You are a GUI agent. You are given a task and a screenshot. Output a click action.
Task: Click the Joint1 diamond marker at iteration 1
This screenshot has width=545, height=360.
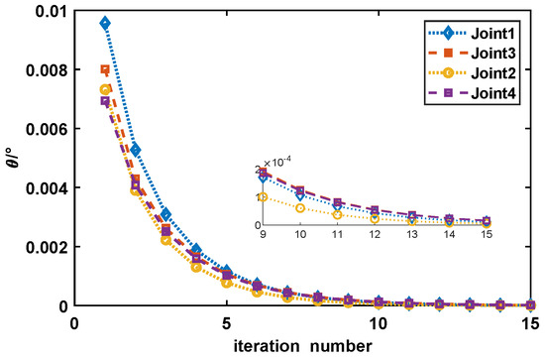pyautogui.click(x=105, y=23)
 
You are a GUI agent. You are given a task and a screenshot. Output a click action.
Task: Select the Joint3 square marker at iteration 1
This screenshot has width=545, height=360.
pyautogui.click(x=105, y=69)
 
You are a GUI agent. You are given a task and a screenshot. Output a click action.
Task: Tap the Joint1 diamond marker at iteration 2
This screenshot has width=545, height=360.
pyautogui.click(x=136, y=150)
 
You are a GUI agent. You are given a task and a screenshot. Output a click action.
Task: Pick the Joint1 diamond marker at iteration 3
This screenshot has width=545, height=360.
pyautogui.click(x=166, y=214)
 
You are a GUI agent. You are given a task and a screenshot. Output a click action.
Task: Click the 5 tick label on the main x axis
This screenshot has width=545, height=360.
pyautogui.click(x=226, y=324)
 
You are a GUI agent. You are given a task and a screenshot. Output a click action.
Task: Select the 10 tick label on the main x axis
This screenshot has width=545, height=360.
pyautogui.click(x=379, y=324)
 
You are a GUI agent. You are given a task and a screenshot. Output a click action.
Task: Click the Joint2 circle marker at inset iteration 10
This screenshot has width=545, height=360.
pyautogui.click(x=300, y=208)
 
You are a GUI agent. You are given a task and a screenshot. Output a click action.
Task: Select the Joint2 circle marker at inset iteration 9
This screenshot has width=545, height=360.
pyautogui.click(x=264, y=197)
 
